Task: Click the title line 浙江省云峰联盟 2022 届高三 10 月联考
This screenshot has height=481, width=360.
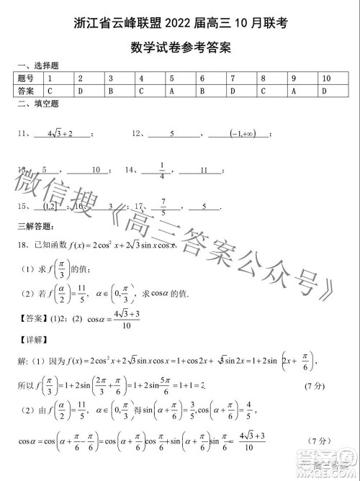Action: [x=180, y=24]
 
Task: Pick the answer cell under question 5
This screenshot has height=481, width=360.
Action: [x=173, y=91]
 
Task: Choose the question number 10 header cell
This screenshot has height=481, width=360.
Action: [x=327, y=78]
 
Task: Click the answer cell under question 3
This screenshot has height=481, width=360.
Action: [x=111, y=91]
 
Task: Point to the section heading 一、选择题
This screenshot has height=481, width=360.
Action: [x=32, y=65]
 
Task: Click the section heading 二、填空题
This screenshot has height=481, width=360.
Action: [x=32, y=104]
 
